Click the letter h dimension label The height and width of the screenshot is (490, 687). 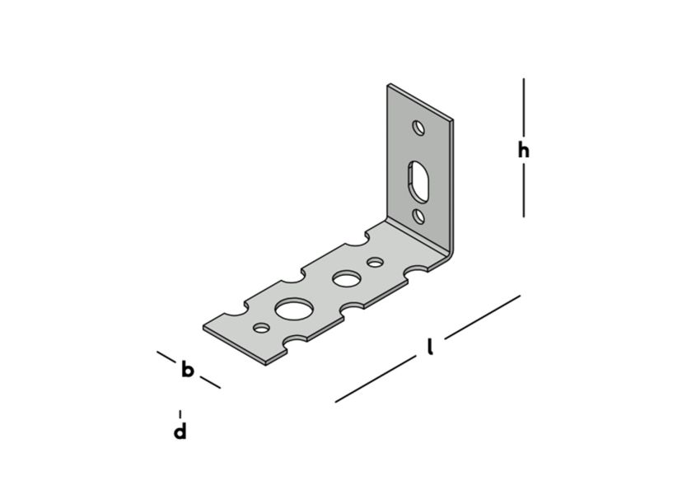coord(523,150)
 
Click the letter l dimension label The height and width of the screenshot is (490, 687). coord(430,348)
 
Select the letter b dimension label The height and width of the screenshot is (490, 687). coord(188,370)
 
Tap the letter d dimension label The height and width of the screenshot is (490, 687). coord(180,431)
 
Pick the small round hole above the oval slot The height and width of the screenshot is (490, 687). coord(418,128)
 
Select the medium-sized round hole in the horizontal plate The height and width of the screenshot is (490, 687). coord(344,278)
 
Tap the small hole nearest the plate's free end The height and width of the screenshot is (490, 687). coord(261,328)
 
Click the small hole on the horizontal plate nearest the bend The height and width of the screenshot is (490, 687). coord(376,263)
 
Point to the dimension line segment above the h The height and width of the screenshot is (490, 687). coord(523,107)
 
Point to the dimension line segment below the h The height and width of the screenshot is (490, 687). coord(523,191)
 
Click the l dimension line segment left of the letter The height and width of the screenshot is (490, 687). coord(375,380)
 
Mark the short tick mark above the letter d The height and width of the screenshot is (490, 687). coord(180,413)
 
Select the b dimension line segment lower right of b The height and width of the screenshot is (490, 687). coord(210,382)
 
